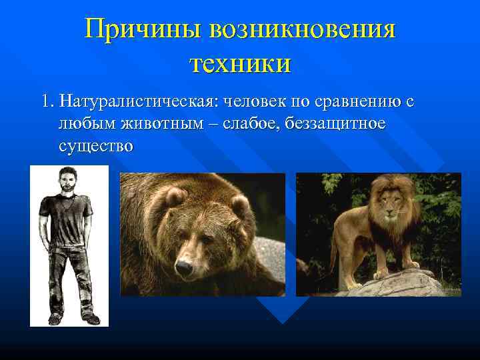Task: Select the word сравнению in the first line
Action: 353,102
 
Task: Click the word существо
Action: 96,146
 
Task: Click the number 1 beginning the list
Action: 45,102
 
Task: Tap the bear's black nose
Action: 183,268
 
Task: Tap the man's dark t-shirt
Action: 67,220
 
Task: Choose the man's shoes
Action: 73,318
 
